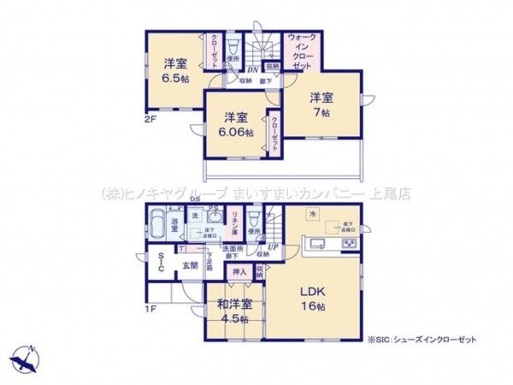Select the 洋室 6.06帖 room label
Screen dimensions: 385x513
tap(237, 125)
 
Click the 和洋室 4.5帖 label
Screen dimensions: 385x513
tap(234, 311)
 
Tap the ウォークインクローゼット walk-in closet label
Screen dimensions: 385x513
tap(304, 53)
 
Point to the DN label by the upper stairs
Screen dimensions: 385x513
tap(252, 69)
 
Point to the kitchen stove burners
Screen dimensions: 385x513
tap(351, 246)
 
